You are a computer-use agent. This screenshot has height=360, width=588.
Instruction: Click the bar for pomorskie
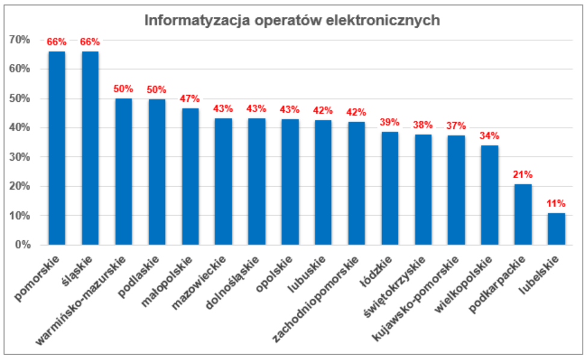tap(57, 148)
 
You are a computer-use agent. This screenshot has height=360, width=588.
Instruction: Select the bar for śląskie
tap(90, 148)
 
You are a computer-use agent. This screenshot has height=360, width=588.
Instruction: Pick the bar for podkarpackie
tap(523, 214)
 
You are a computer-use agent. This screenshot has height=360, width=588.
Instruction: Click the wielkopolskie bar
tap(489, 195)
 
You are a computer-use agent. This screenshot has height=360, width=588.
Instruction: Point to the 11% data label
tap(556, 203)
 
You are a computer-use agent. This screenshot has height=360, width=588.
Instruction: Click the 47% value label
tap(190, 99)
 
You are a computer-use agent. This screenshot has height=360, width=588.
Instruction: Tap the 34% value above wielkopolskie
tap(489, 135)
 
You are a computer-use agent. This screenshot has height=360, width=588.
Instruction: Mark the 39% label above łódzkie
tap(390, 122)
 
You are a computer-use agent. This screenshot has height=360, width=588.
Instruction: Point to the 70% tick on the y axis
tap(20, 40)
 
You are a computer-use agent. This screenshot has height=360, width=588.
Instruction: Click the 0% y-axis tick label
tap(22, 245)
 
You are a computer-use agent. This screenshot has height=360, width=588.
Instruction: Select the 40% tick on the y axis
tap(20, 128)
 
